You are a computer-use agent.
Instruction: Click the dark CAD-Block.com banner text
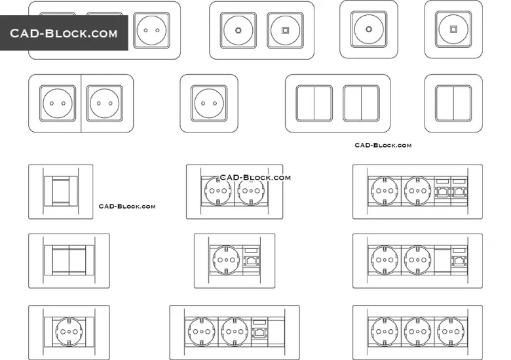point(64,33)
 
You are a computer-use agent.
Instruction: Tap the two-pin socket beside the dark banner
point(151,30)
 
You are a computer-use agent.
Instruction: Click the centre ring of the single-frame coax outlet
point(369,29)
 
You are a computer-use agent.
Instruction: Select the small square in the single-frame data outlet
point(453,29)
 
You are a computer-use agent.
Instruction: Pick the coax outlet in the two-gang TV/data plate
point(238,30)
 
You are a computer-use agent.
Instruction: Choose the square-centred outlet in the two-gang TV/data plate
point(285,30)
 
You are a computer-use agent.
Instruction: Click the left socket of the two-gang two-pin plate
point(58,104)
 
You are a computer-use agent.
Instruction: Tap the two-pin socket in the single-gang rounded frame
point(209,104)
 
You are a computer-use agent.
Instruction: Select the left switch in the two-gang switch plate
point(314,104)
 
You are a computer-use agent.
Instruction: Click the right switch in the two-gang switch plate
point(361,104)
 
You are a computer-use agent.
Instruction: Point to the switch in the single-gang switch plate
point(453,104)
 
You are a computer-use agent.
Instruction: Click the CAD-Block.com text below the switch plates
point(383,145)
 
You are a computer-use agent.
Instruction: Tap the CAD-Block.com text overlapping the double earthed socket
point(255,178)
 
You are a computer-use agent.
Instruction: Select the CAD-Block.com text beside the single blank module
point(127,206)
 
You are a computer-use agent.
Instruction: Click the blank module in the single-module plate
point(61,191)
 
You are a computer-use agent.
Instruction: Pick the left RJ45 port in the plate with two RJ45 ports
point(442,191)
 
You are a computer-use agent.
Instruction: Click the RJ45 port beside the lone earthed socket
point(252,260)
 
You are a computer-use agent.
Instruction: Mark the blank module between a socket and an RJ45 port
point(442,260)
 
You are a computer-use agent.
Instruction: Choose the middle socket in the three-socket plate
point(417,332)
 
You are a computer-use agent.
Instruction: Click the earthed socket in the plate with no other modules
point(69,332)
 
